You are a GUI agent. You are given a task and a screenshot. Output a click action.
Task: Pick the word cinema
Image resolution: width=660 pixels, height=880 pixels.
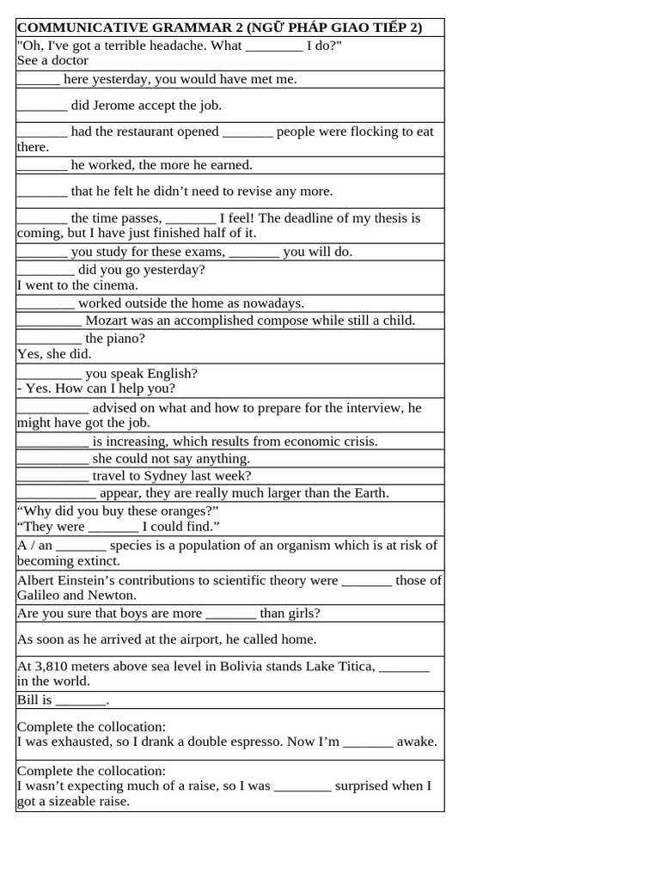(116, 285)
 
